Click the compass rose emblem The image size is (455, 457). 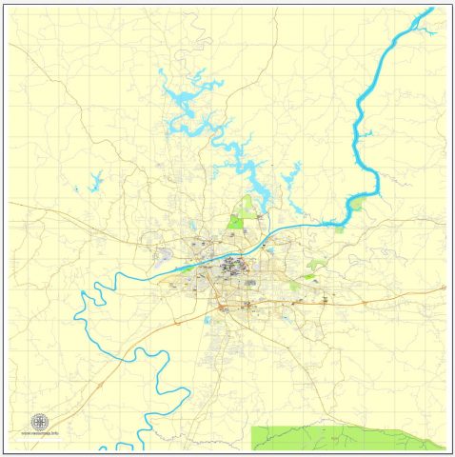point(40,422)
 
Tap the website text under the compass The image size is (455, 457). point(40,433)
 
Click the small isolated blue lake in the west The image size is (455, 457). point(95,181)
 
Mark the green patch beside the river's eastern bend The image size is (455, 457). point(355,203)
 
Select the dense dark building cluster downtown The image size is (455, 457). point(230,267)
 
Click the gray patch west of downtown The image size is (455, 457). point(165,254)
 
